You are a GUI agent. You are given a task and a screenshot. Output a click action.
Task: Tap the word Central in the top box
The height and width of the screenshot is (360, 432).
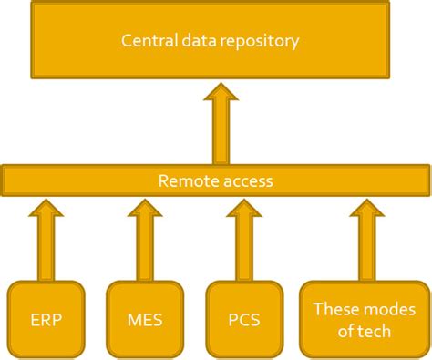(x=149, y=41)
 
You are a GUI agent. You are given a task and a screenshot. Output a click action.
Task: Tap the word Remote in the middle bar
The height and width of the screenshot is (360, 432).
(x=187, y=180)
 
